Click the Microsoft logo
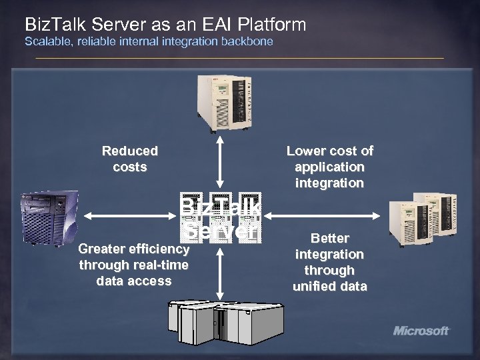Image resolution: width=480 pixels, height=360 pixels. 421,330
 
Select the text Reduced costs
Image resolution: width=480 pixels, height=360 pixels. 130,159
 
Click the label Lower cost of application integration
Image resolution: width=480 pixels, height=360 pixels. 330,167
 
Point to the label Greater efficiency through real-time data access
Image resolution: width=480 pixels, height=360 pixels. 133,265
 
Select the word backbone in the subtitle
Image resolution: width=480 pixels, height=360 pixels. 250,42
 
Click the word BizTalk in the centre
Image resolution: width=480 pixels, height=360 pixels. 220,205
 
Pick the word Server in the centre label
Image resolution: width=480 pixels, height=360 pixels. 220,230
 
